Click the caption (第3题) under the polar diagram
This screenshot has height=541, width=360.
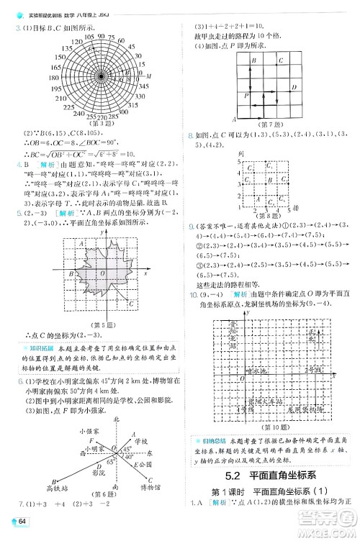102,123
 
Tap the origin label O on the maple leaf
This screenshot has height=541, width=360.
103,273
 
